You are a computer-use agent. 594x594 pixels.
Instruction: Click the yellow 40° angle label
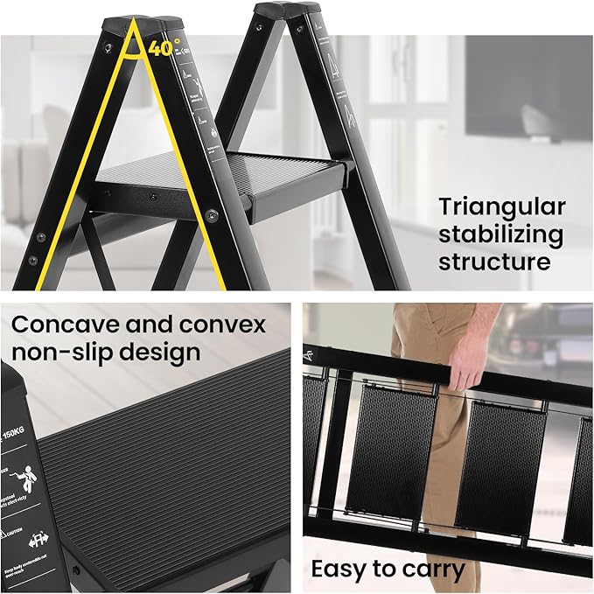(x=164, y=48)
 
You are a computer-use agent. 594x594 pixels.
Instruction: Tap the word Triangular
(x=501, y=207)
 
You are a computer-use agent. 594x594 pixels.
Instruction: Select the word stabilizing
(x=501, y=234)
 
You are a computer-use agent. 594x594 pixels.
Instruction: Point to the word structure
(x=494, y=262)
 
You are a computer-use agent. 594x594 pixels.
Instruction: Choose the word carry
(x=430, y=570)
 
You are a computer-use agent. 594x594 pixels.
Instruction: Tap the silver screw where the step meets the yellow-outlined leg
(x=211, y=213)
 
